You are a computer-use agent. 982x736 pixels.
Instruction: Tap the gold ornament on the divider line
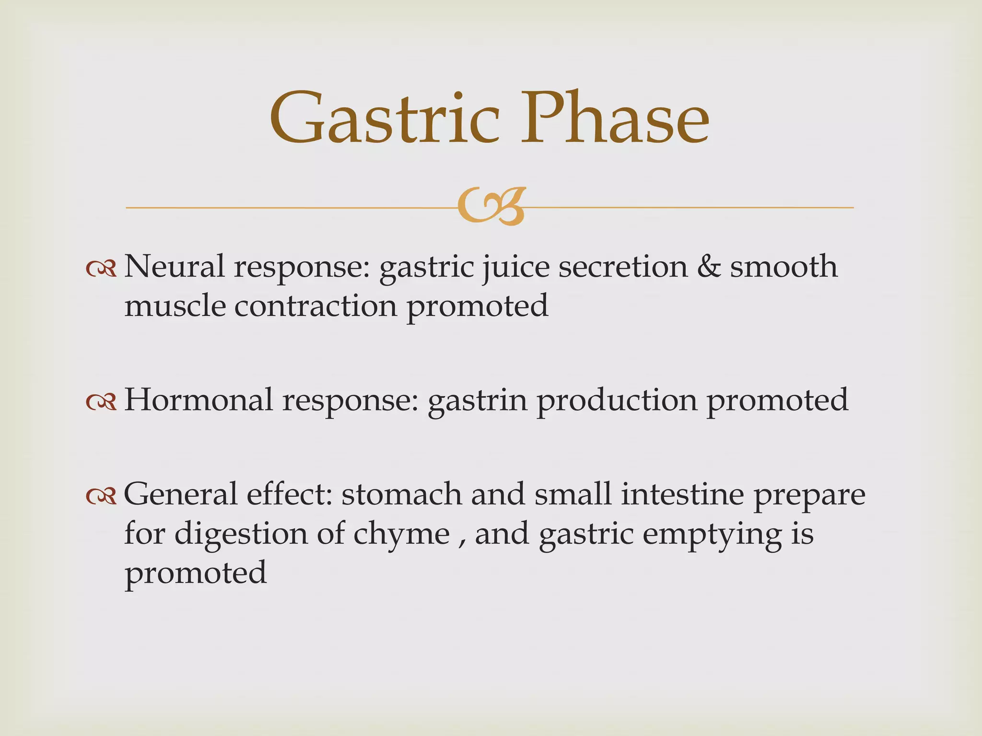pos(491,207)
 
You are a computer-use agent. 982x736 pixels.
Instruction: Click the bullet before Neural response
pos(101,269)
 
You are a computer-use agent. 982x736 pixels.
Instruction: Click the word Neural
pos(174,266)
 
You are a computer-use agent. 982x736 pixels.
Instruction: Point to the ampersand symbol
pos(709,266)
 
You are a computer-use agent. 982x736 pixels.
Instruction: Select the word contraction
pos(316,306)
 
